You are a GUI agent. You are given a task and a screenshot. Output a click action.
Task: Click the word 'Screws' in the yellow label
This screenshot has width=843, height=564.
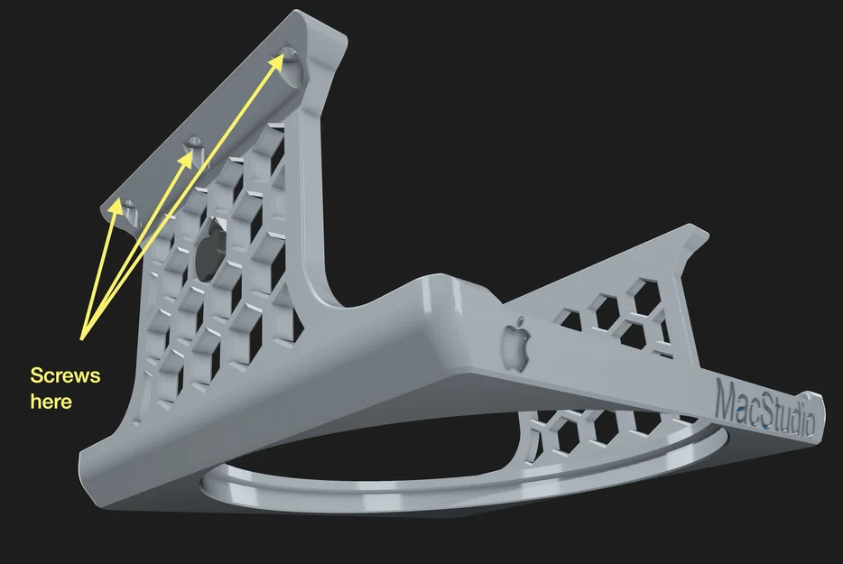[x=65, y=374]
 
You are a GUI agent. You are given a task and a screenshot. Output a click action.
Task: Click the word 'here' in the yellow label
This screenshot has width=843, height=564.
[x=51, y=402]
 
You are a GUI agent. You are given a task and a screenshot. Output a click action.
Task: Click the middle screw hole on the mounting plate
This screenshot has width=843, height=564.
[x=192, y=143]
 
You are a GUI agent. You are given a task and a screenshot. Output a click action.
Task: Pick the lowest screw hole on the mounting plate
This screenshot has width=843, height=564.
[x=127, y=207]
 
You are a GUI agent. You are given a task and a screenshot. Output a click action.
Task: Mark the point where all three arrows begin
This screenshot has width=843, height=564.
[x=82, y=338]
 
